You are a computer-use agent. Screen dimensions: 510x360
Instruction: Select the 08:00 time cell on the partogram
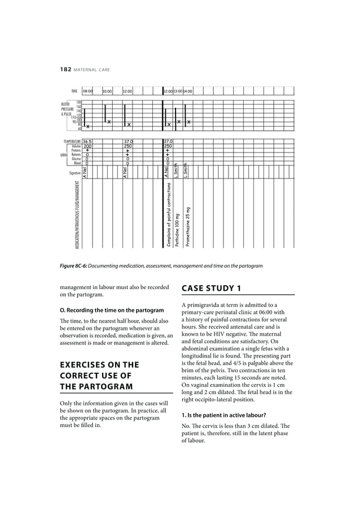pyautogui.click(x=87, y=91)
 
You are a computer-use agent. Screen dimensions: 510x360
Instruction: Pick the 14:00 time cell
pyautogui.click(x=188, y=91)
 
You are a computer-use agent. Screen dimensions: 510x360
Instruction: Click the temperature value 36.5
pyautogui.click(x=87, y=142)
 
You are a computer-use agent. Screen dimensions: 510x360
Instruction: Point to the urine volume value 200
pyautogui.click(x=87, y=146)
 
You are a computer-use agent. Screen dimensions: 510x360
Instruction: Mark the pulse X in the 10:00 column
pyautogui.click(x=109, y=122)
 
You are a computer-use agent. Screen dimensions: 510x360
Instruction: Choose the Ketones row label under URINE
pyautogui.click(x=74, y=155)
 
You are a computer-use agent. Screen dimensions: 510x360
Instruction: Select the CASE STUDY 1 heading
pyautogui.click(x=212, y=289)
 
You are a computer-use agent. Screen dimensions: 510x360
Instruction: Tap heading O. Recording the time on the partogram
pyautogui.click(x=112, y=310)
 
